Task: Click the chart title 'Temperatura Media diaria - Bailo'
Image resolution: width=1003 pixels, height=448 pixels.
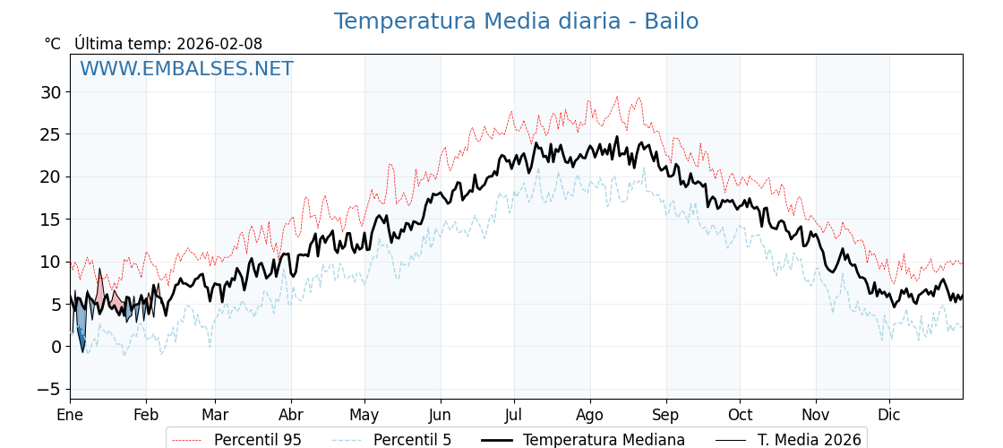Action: click(516, 22)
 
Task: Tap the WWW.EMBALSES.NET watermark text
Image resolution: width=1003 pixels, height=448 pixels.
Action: click(186, 69)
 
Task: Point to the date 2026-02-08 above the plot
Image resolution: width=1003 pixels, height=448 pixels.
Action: click(219, 44)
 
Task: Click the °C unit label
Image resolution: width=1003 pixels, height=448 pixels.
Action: click(53, 44)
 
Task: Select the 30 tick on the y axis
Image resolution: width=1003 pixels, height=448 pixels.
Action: click(50, 92)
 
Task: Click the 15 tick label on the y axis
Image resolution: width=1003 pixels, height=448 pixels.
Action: click(50, 220)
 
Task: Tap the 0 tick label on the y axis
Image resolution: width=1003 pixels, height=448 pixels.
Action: click(56, 347)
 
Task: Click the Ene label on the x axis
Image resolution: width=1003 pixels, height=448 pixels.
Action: click(70, 415)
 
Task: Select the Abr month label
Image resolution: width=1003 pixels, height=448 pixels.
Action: click(291, 415)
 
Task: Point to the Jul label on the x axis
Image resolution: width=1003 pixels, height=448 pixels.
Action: click(514, 415)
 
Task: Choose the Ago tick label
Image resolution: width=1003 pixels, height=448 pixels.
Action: click(590, 415)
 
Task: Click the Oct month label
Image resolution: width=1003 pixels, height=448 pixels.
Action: click(740, 415)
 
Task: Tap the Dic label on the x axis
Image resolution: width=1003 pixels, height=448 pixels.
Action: click(889, 415)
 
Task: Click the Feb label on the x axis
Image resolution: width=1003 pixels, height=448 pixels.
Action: click(146, 415)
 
